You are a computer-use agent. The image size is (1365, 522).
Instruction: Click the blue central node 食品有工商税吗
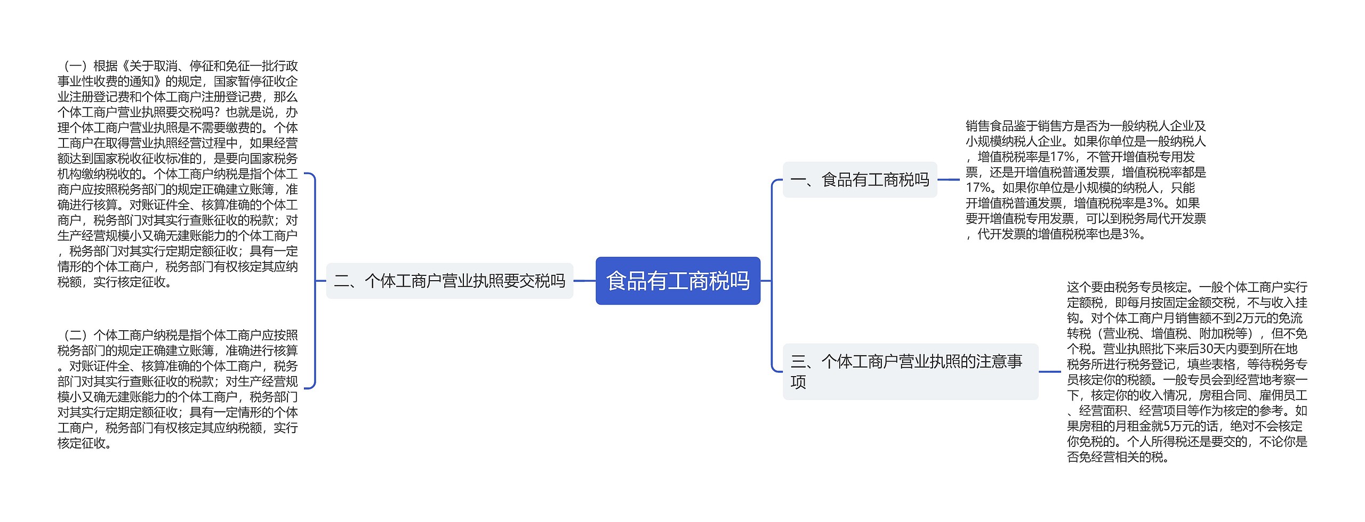pyautogui.click(x=678, y=281)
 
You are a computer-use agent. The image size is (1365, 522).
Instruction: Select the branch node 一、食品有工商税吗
pyautogui.click(x=860, y=180)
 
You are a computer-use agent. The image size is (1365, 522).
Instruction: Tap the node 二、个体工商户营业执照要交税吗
pyautogui.click(x=449, y=281)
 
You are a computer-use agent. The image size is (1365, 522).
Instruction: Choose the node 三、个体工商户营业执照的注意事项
pyautogui.click(x=910, y=371)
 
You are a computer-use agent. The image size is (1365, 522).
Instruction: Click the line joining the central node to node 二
pyautogui.click(x=584, y=281)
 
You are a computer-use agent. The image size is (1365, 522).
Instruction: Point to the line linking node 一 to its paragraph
pyautogui.click(x=949, y=180)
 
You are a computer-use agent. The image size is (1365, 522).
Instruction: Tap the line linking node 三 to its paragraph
pyautogui.click(x=1050, y=371)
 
